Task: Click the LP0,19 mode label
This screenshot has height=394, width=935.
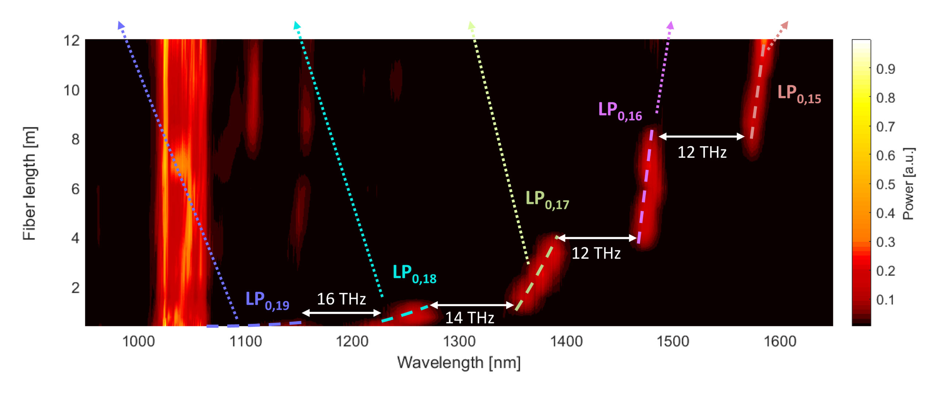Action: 267,300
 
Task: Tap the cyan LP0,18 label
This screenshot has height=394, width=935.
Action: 414,273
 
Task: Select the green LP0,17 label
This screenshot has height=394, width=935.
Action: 547,199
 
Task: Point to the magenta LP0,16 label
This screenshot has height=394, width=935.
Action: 620,111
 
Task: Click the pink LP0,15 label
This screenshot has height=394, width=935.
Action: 799,93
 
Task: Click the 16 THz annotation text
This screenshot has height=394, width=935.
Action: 341,299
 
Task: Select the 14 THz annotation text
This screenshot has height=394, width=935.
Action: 469,318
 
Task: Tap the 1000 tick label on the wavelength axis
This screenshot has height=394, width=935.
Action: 138,341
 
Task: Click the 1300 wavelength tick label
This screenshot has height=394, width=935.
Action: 459,341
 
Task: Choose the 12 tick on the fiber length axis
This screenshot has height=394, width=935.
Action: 72,41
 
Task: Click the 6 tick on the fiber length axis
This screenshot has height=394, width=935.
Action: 75,189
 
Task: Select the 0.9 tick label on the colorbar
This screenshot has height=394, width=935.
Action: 885,69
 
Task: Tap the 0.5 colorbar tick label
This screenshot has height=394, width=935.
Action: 885,184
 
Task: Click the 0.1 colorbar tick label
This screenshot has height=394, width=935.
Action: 885,300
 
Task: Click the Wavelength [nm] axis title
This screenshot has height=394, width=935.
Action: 459,363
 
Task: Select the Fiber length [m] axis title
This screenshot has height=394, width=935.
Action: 29,183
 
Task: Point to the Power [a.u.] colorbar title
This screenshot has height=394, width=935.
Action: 908,183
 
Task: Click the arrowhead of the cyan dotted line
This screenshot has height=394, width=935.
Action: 297,25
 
